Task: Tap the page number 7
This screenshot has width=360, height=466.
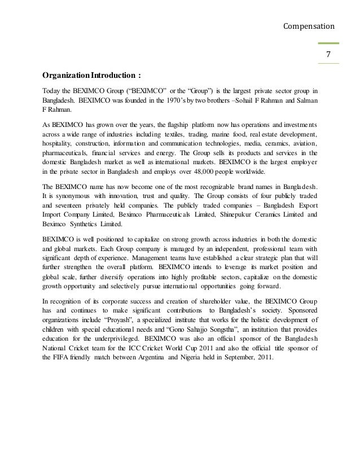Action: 327,54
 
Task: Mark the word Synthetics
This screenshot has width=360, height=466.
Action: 89,225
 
